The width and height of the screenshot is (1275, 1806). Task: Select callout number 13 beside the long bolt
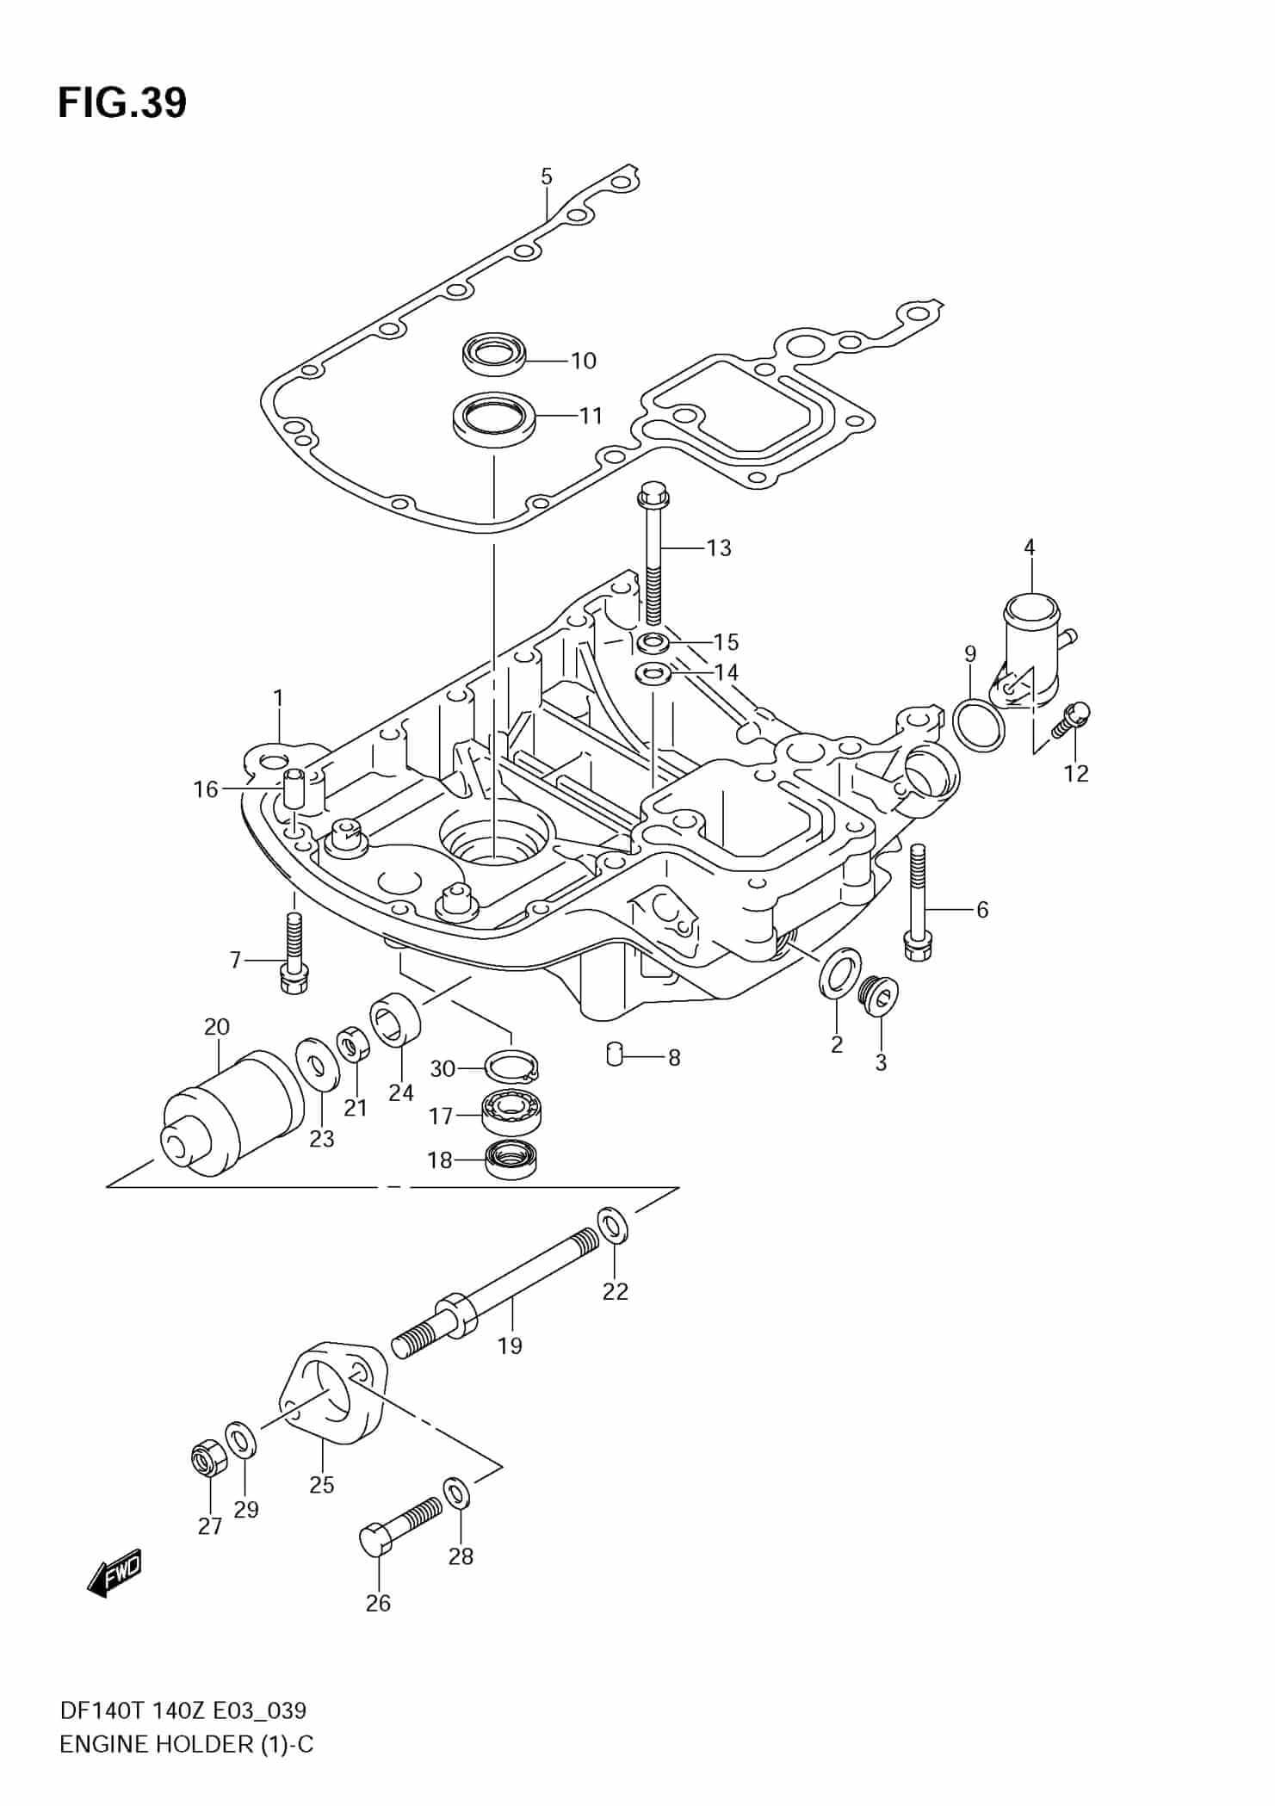[x=718, y=547]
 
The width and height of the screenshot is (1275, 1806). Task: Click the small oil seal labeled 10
[x=493, y=355]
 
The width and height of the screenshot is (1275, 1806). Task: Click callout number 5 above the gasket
[x=547, y=176]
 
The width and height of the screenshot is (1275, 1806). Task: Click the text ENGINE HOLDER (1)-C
[x=186, y=1745]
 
